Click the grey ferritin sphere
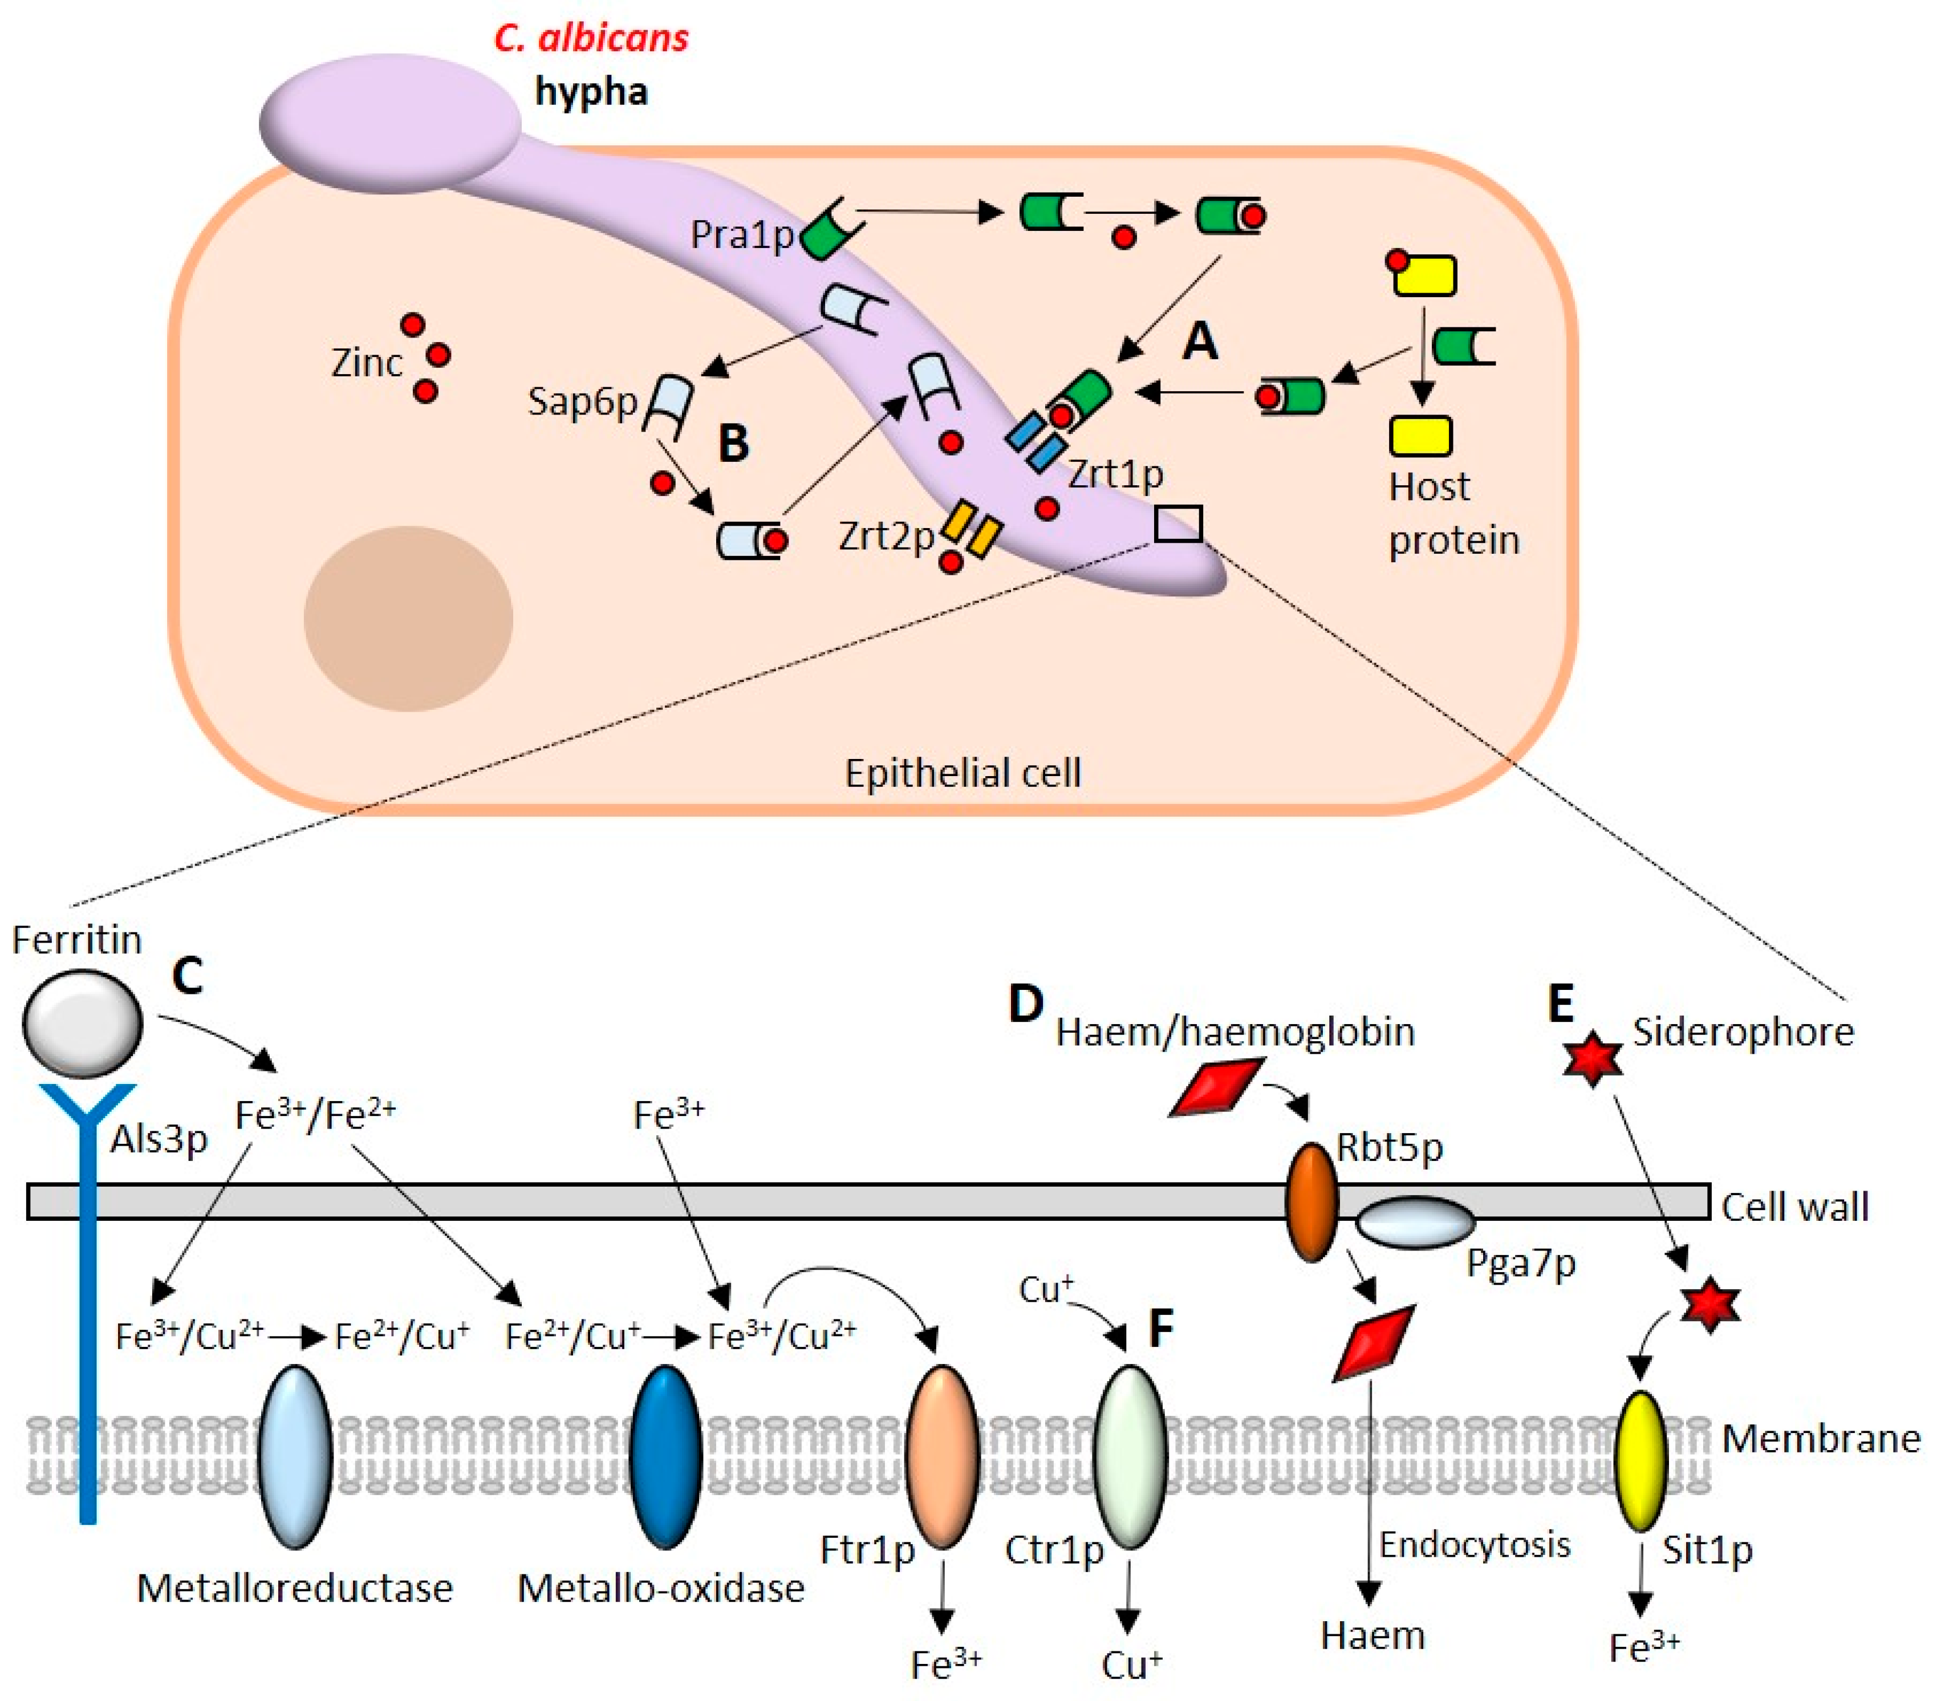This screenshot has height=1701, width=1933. pos(82,1024)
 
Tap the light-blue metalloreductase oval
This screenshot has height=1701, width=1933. pos(295,1457)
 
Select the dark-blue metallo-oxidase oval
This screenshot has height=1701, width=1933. pos(666,1457)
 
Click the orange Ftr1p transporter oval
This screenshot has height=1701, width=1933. pos(942,1457)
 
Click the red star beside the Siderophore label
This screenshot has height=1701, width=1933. pos(1593,1059)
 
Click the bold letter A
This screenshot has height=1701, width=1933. pos(1200,340)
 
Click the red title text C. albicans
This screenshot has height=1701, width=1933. pos(591,38)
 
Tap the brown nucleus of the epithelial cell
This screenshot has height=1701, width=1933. pos(408,618)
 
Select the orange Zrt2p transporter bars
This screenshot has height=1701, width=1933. pos(971,530)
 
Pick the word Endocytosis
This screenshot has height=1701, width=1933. pos(1473,1545)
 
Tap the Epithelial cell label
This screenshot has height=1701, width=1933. pos(962,773)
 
